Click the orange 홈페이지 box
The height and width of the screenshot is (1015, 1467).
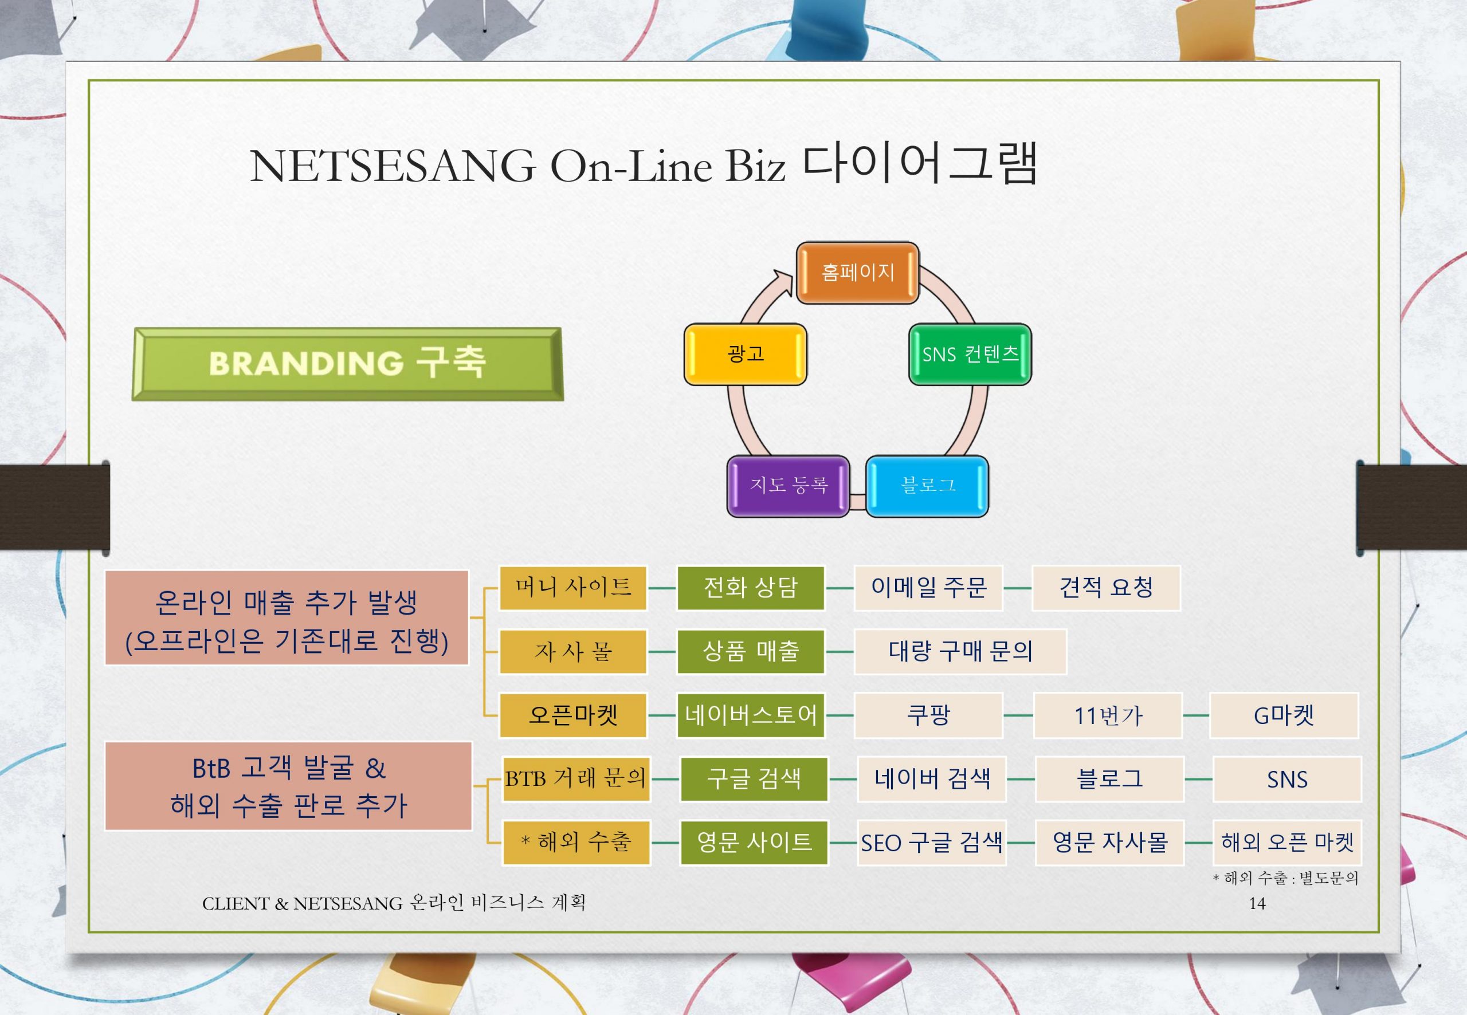click(x=857, y=273)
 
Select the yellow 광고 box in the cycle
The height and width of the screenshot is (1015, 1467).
click(x=746, y=354)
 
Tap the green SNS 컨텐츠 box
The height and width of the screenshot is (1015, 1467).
click(x=970, y=354)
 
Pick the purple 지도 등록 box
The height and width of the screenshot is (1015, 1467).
click(x=788, y=486)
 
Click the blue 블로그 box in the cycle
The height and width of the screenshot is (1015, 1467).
click(x=928, y=486)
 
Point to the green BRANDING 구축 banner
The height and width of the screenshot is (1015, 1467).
click(x=347, y=364)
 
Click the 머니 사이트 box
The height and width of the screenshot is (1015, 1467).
click(x=573, y=588)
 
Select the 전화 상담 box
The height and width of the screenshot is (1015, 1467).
click(x=751, y=588)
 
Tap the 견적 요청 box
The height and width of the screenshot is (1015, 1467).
click(x=1105, y=588)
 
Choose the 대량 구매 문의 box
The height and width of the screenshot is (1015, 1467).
click(x=960, y=651)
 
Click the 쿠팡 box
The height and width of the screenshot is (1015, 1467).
click(x=928, y=715)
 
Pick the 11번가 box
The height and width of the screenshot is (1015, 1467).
click(x=1108, y=715)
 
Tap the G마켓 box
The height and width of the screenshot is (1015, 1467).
click(x=1284, y=715)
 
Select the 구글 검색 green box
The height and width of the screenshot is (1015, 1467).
click(x=754, y=778)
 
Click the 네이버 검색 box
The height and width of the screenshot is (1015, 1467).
click(x=932, y=778)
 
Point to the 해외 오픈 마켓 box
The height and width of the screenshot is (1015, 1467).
click(x=1288, y=843)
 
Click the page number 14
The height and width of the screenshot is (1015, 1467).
click(x=1257, y=903)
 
